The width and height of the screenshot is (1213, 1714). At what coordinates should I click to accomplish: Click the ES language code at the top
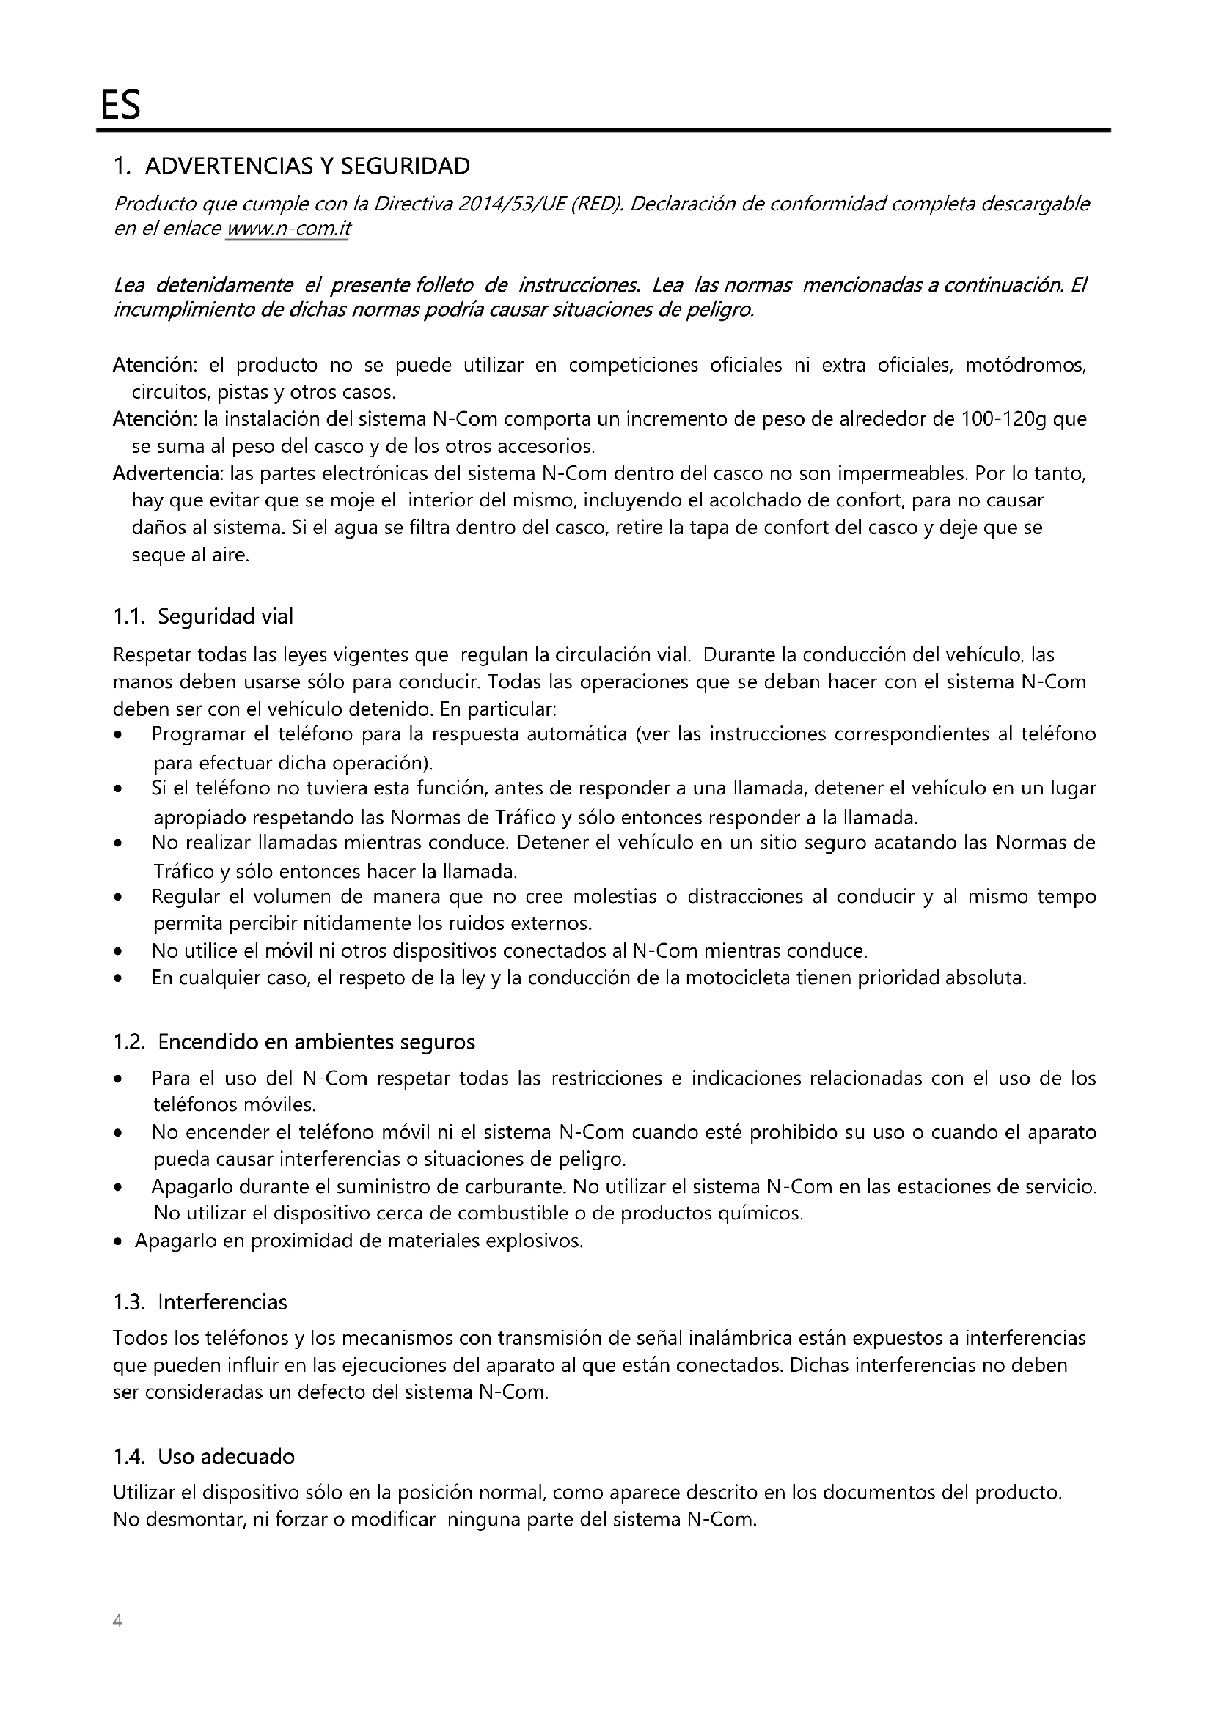coord(120,107)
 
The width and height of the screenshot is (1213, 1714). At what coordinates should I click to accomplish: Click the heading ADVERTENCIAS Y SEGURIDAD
coord(307,166)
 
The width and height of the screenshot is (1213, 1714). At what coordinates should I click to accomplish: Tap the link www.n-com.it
coord(287,229)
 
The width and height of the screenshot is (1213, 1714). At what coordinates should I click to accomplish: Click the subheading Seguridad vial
coord(226,617)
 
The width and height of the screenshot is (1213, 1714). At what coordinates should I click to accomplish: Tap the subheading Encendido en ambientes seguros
coord(316,1042)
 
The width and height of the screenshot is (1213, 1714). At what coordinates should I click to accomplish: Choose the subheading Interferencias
coord(223,1303)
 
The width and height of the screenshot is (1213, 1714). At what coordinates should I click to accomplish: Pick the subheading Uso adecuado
coord(227,1458)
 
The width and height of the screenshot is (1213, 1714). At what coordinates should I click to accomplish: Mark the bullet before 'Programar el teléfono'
coord(117,735)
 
